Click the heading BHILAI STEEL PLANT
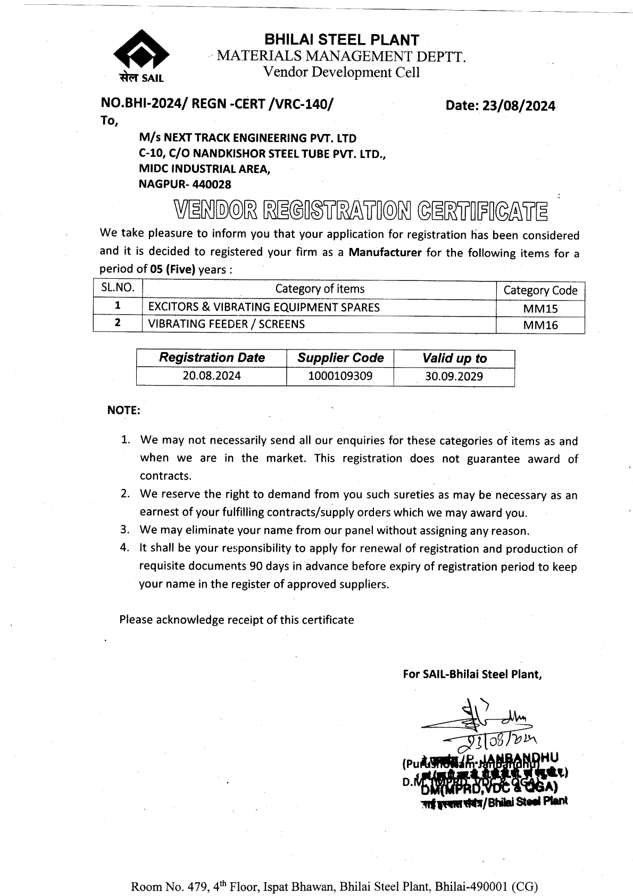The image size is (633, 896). click(x=342, y=39)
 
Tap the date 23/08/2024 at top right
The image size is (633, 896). click(x=500, y=106)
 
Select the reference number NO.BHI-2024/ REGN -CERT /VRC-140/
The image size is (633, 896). click(x=218, y=104)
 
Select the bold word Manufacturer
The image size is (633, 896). click(x=385, y=252)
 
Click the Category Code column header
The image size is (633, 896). click(x=540, y=291)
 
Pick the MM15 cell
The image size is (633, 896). click(x=540, y=308)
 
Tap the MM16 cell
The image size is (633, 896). click(x=540, y=325)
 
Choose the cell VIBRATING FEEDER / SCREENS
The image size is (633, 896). click(x=226, y=324)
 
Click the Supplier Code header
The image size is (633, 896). click(x=340, y=358)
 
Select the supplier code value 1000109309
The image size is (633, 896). click(x=340, y=376)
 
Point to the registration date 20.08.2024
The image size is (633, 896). click(x=212, y=376)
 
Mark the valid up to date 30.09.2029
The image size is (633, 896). click(x=454, y=377)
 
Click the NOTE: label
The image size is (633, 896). click(x=123, y=410)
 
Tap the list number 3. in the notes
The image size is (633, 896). click(x=125, y=530)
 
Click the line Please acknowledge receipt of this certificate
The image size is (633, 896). click(x=236, y=619)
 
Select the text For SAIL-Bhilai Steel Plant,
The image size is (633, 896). click(x=472, y=674)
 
